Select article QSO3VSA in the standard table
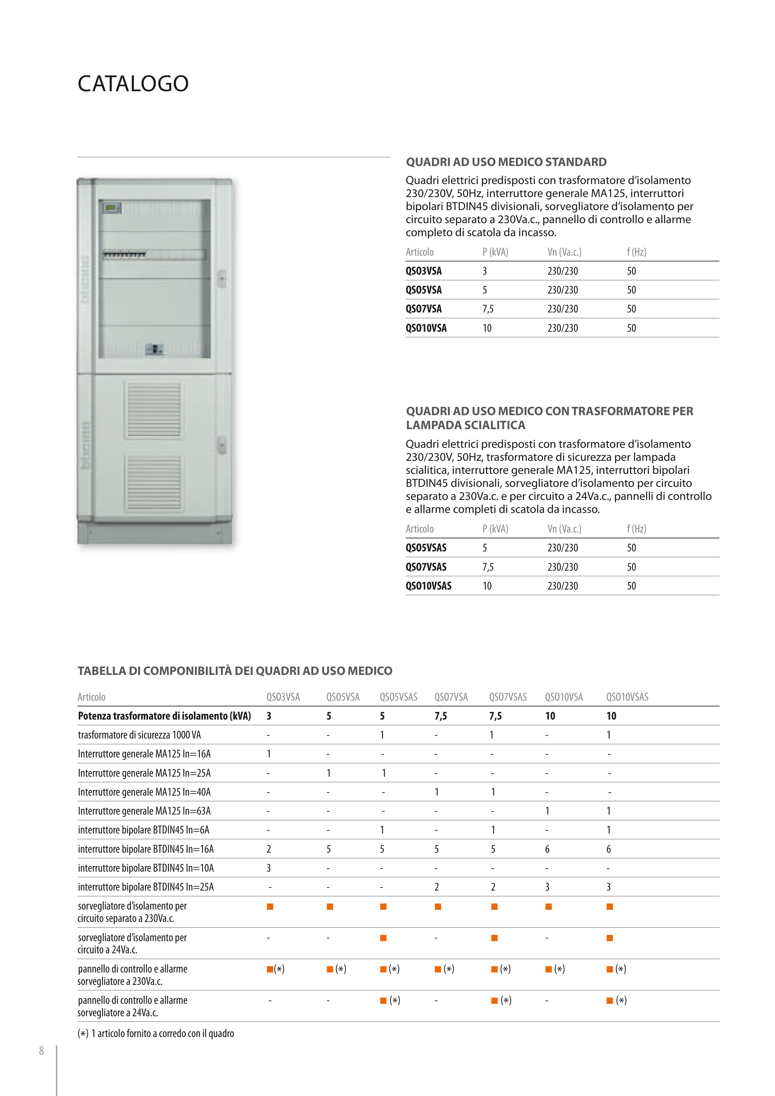point(424,271)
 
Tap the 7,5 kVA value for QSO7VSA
point(488,309)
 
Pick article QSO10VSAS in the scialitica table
point(428,586)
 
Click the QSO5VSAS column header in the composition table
point(398,697)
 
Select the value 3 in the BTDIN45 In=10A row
point(269,868)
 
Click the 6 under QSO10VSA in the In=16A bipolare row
point(547,849)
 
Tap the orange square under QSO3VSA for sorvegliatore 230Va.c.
point(270,906)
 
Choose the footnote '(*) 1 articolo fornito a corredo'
point(156,1033)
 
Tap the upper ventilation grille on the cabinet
point(154,410)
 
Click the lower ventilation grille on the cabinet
point(154,482)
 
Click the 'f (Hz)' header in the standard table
point(637,252)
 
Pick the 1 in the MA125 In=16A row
point(269,754)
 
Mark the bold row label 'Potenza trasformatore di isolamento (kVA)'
point(164,716)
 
